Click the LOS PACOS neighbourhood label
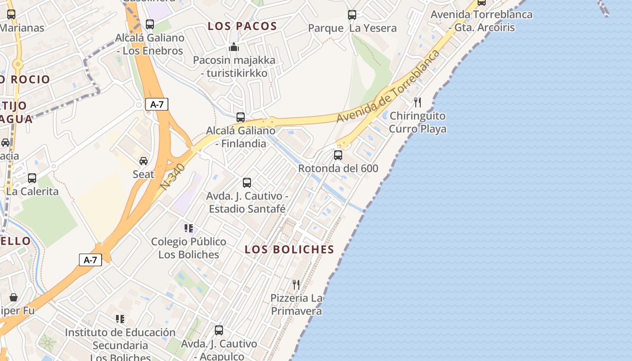pos(242,26)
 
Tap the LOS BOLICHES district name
pos(289,250)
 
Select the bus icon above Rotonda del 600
pos(338,155)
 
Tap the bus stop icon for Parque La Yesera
pos(352,15)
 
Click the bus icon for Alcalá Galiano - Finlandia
pos(241,117)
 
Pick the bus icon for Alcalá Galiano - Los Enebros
pos(150,24)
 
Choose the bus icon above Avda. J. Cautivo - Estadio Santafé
pos(247,183)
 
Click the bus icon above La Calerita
pos(32,178)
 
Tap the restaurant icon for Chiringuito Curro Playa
pos(418,102)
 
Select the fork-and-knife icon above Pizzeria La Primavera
pos(296,285)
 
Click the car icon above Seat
pos(144,161)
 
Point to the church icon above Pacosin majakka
pos(234,47)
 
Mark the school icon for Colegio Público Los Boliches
pos(189,228)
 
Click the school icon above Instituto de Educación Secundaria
pos(120,319)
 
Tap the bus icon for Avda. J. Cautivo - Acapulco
pos(219,330)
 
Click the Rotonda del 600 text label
pos(338,169)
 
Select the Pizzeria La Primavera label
pos(296,305)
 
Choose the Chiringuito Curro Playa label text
pos(418,122)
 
